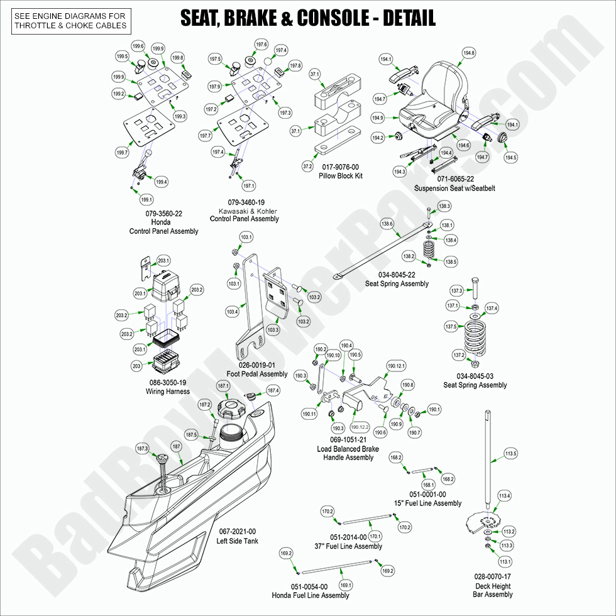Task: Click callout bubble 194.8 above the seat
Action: point(468,53)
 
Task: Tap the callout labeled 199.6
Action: point(138,46)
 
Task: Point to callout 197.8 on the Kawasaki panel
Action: point(295,66)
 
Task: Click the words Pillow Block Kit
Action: point(340,176)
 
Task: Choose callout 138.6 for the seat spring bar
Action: point(387,224)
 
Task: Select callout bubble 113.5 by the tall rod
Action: point(510,453)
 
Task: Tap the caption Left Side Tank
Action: point(237,541)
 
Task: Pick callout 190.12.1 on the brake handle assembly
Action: point(397,366)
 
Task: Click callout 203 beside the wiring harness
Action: point(136,365)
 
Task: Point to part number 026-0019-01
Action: point(256,365)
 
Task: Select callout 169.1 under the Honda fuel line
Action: point(346,585)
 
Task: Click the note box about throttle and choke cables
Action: point(70,21)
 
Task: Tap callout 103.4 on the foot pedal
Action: point(233,312)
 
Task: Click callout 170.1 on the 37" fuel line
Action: point(375,536)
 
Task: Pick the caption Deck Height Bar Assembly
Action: point(493,590)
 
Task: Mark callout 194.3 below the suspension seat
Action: point(399,172)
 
